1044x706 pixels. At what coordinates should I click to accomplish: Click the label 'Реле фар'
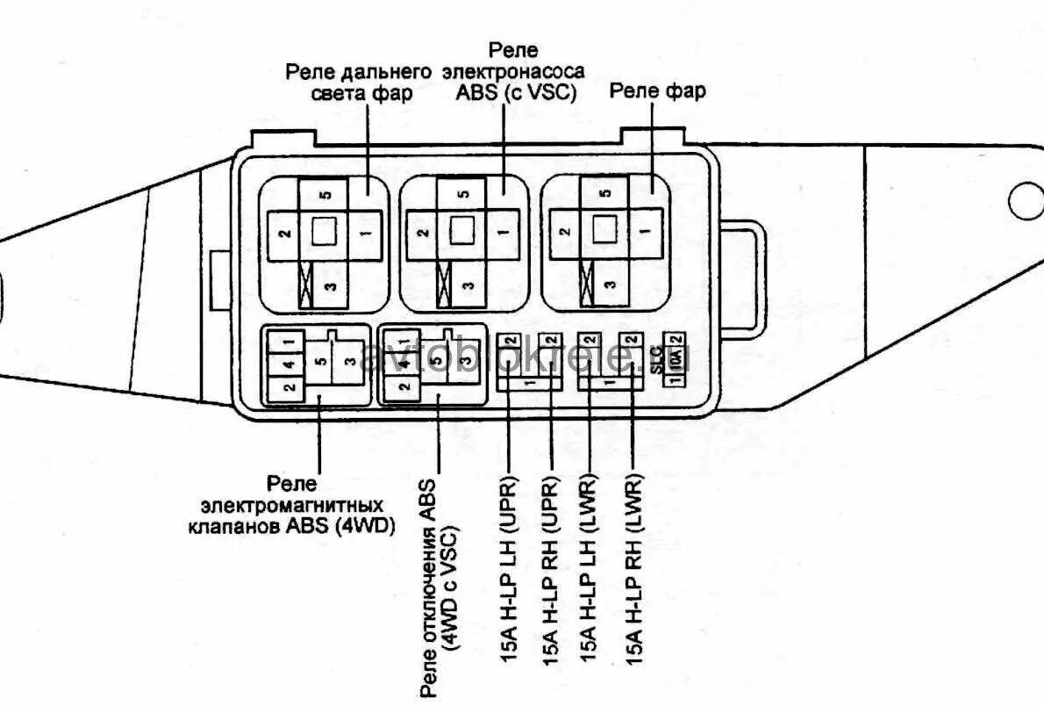click(x=657, y=90)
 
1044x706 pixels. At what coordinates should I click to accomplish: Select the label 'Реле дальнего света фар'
click(x=360, y=83)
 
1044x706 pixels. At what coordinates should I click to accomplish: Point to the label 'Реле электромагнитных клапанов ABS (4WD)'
click(x=291, y=506)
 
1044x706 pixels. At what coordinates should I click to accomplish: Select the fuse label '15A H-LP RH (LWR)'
click(x=634, y=569)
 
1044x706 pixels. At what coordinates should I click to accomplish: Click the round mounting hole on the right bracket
click(x=1026, y=202)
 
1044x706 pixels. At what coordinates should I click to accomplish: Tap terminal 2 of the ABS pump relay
click(x=423, y=233)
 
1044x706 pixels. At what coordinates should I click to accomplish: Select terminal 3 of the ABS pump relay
click(x=470, y=285)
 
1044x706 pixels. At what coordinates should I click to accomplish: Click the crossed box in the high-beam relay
click(x=306, y=285)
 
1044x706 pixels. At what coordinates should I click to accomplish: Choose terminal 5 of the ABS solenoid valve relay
click(x=319, y=361)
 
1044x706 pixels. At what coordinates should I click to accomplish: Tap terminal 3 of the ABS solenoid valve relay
click(x=350, y=363)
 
